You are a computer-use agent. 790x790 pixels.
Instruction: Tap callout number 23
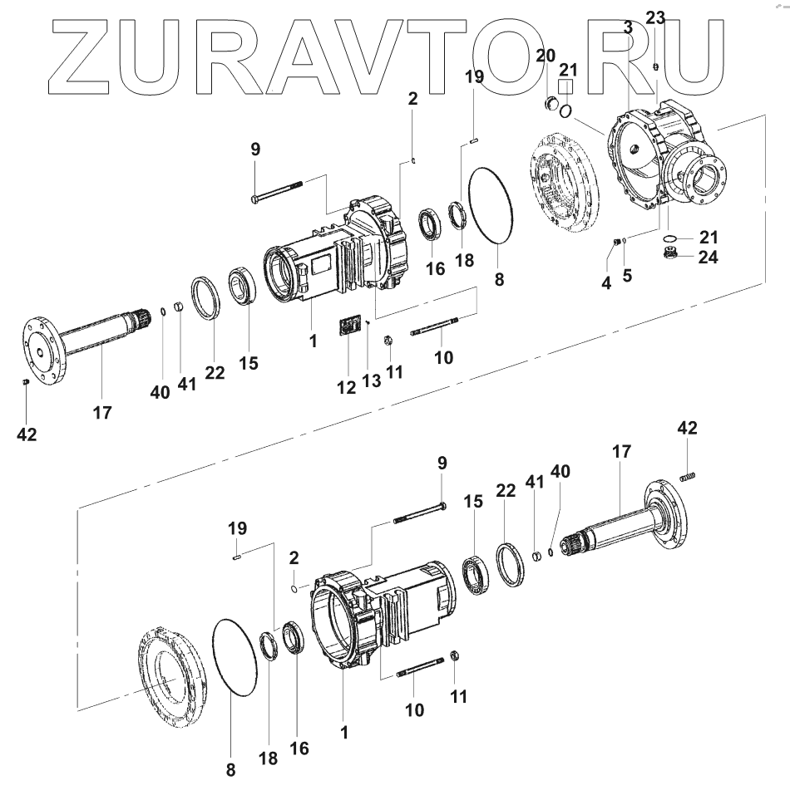[x=655, y=17]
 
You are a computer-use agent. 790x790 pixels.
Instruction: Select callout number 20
[x=546, y=56]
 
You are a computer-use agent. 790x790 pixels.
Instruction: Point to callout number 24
[x=708, y=257]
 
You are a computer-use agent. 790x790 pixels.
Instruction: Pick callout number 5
[x=627, y=275]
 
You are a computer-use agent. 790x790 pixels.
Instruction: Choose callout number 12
[x=346, y=386]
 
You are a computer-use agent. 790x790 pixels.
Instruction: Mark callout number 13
[x=371, y=381]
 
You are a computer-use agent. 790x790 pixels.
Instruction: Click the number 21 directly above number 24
[x=708, y=237]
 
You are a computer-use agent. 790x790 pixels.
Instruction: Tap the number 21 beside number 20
[x=568, y=67]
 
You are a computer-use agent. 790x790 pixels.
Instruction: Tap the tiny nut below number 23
[x=655, y=66]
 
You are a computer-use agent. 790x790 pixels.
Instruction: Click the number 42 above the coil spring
[x=687, y=428]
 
